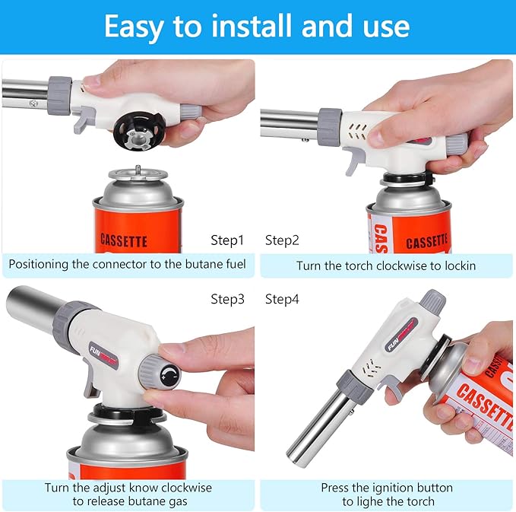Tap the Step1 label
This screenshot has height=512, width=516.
coord(227,240)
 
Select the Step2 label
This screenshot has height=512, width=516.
coord(282,240)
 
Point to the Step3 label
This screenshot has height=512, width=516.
coord(227,299)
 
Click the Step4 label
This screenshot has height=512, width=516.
coord(282,299)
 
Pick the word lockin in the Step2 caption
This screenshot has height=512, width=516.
coord(459,266)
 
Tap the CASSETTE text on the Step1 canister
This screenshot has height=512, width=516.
coord(124,240)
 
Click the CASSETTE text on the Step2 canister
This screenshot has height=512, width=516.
coord(426,243)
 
